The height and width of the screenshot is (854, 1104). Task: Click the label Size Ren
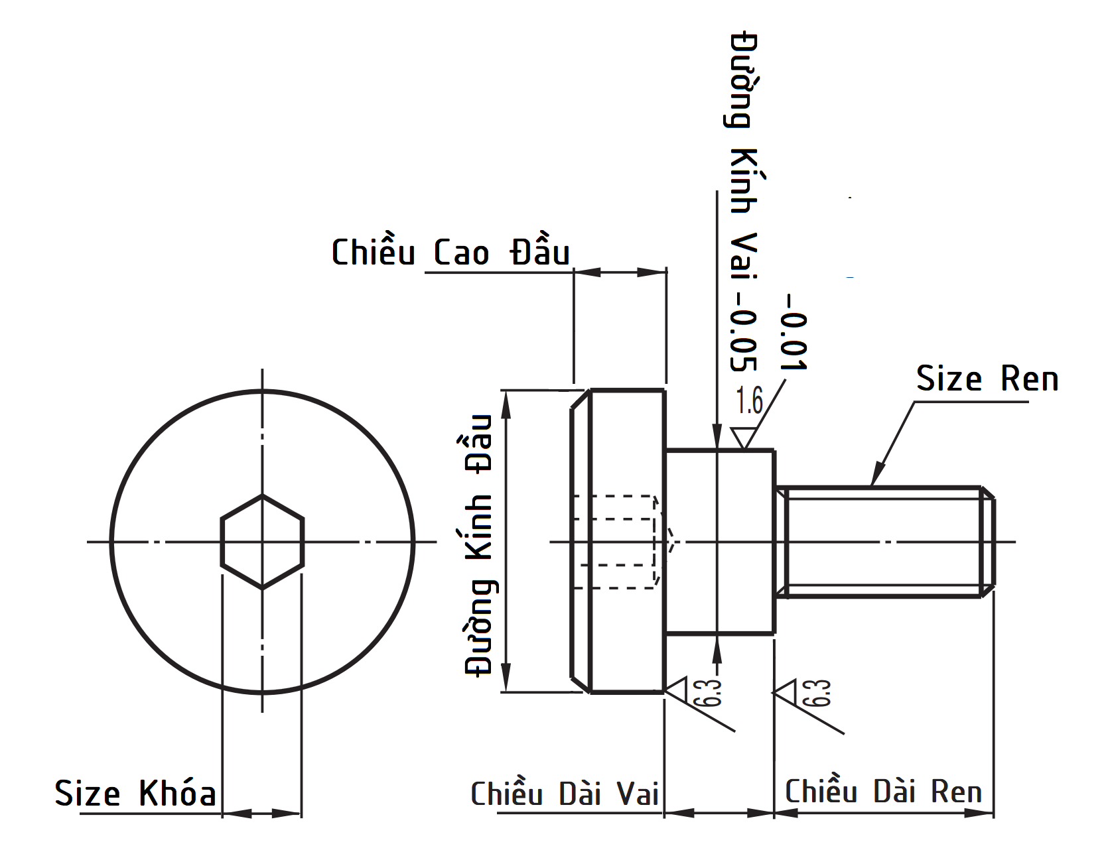(x=987, y=379)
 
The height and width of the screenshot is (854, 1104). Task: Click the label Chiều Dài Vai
(x=565, y=793)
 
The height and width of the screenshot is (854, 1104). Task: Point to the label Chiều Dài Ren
(x=883, y=791)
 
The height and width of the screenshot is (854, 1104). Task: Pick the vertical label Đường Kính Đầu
(x=479, y=545)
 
